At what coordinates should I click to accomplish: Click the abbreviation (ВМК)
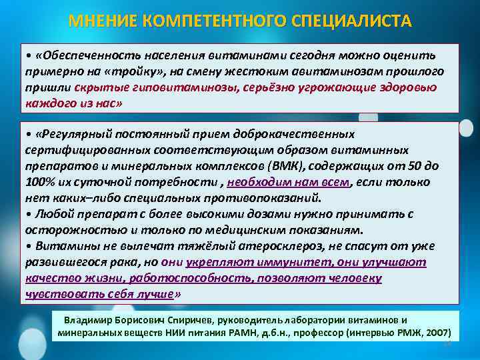point(284,167)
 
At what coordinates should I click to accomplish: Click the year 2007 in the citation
point(434,332)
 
